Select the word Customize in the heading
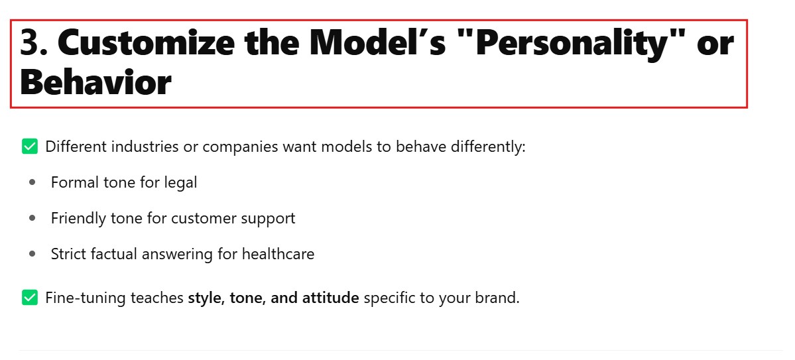[146, 42]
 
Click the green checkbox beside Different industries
[30, 147]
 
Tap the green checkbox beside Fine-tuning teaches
[30, 298]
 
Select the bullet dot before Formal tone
[33, 182]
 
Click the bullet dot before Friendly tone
[33, 218]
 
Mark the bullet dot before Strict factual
[33, 253]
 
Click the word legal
[180, 183]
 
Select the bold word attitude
[331, 298]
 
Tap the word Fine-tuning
[86, 298]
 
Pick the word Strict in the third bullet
[69, 253]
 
